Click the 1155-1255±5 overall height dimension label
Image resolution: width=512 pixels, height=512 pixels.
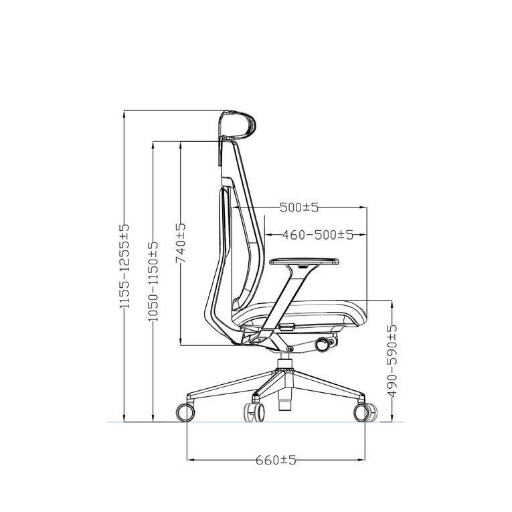point(124,266)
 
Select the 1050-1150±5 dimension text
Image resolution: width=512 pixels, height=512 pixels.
point(153,281)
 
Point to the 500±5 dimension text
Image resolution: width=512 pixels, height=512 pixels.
point(298,207)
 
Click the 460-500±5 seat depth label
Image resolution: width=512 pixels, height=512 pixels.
point(317,235)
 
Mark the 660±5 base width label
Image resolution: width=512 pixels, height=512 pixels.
point(275,460)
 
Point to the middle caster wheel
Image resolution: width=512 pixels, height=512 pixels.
point(254,412)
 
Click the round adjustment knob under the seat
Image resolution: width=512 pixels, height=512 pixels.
point(325,344)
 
